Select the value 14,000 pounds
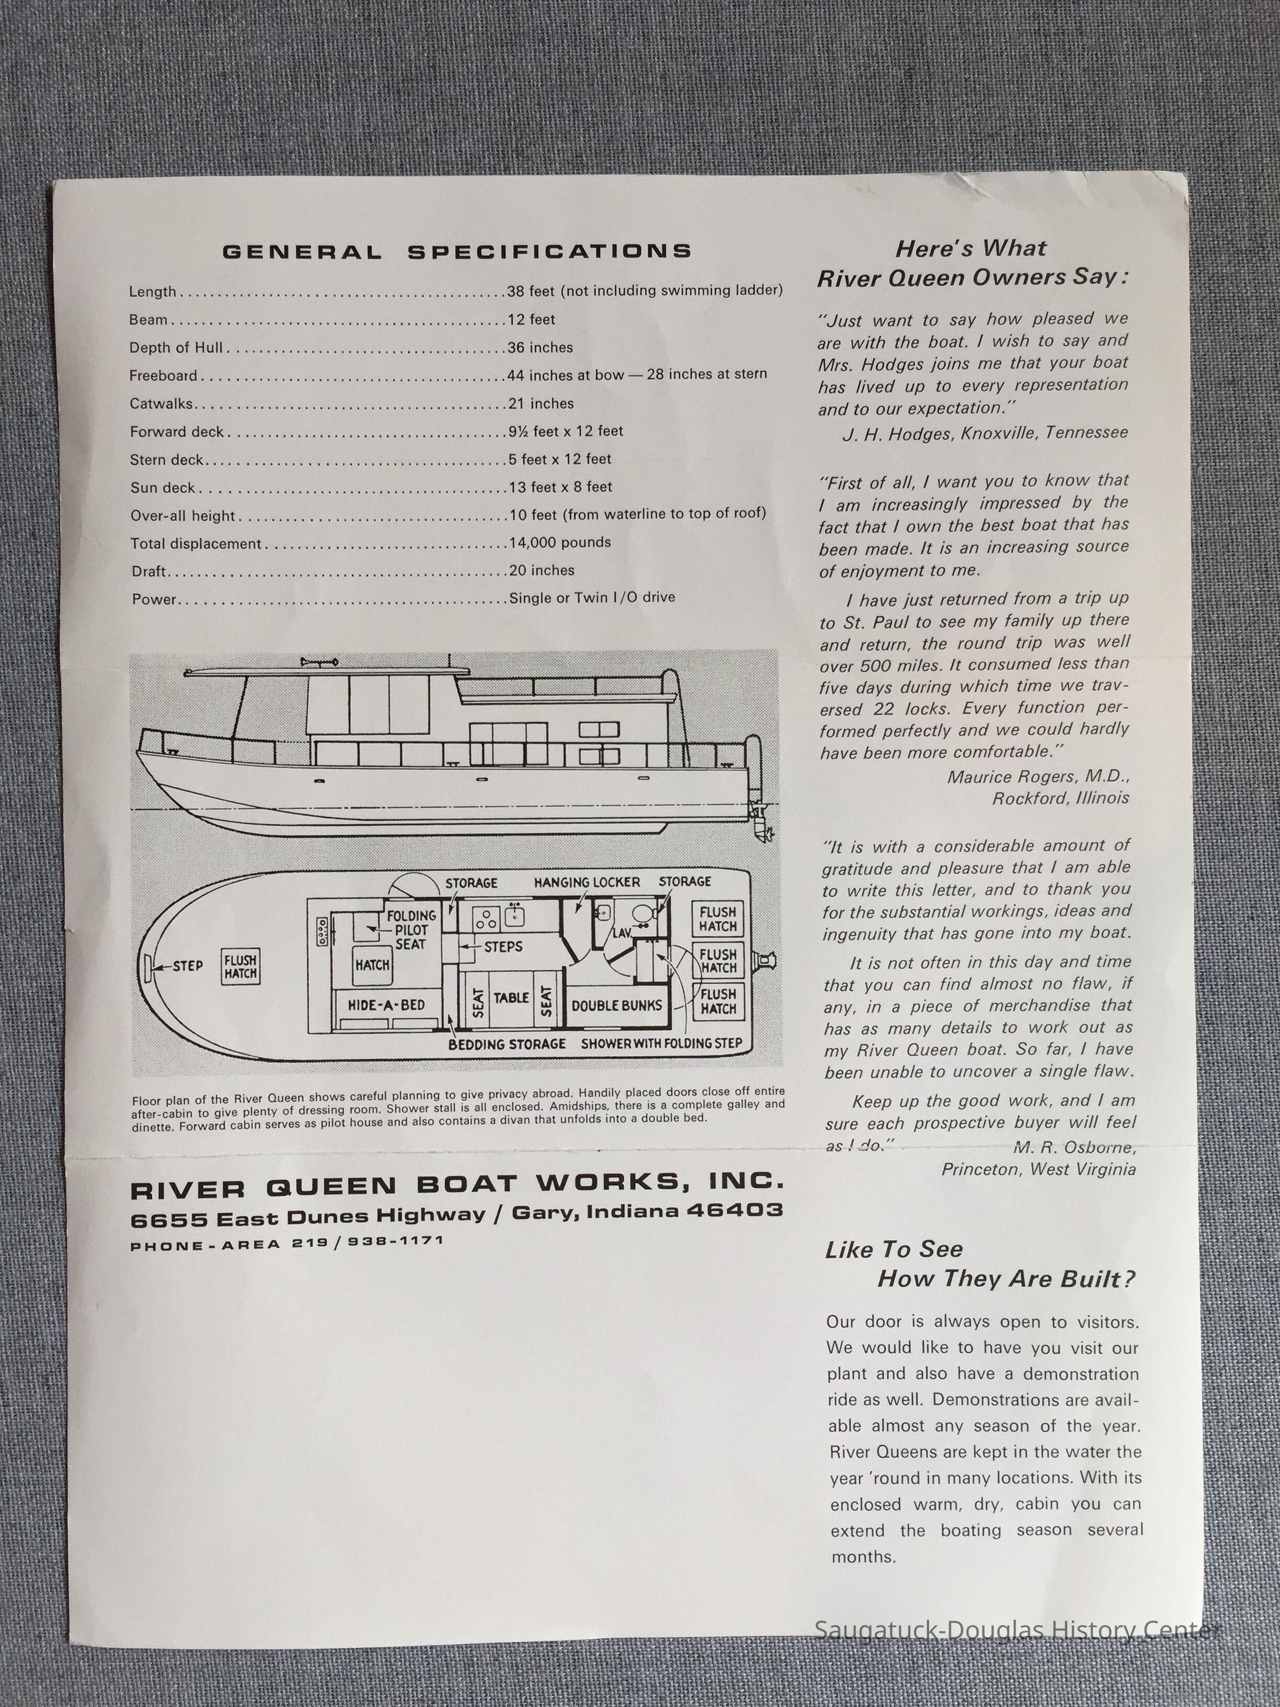click(x=560, y=543)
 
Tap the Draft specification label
click(x=149, y=572)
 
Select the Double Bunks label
click(x=617, y=1006)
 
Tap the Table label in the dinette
click(x=511, y=998)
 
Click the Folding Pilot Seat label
click(x=411, y=929)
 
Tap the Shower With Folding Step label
click(x=661, y=1043)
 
